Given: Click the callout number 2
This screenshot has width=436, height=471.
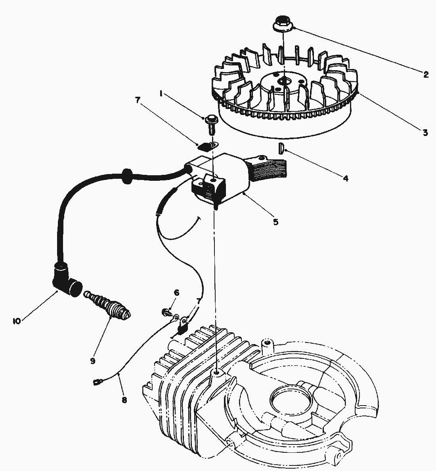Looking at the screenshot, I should [x=426, y=74].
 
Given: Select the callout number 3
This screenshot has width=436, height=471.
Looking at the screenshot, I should [x=425, y=132].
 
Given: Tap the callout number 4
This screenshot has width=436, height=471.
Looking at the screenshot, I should [x=345, y=178].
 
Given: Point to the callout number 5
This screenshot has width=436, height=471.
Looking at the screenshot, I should [x=275, y=222].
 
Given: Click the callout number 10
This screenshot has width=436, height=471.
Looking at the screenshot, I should [x=16, y=321].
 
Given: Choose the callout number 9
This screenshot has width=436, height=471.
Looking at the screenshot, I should [x=93, y=360].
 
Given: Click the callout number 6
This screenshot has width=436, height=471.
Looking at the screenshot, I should [x=176, y=293].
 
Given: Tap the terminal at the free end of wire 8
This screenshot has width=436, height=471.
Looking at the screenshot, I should [x=97, y=382].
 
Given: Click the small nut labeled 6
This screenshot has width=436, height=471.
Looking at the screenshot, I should [x=166, y=312].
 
